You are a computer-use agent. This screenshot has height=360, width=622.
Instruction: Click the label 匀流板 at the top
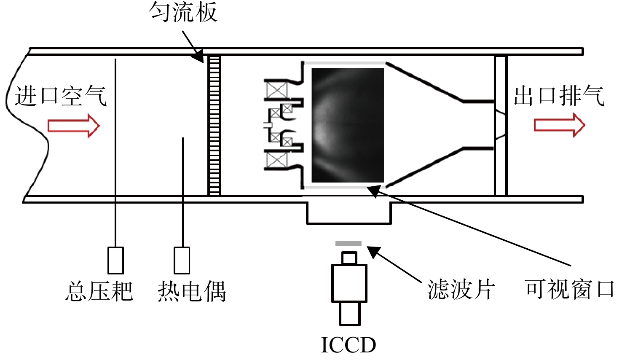pyautogui.click(x=183, y=12)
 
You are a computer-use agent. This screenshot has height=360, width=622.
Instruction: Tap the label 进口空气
pyautogui.click(x=61, y=96)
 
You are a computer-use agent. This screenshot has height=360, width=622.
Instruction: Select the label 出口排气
pyautogui.click(x=559, y=96)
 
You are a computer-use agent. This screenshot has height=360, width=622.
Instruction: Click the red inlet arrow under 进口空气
pyautogui.click(x=74, y=126)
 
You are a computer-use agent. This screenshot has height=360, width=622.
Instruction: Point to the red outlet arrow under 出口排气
pyautogui.click(x=560, y=125)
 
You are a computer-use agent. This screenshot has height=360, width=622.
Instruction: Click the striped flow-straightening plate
pyautogui.click(x=214, y=126)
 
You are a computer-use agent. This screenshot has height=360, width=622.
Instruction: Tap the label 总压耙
pyautogui.click(x=99, y=291)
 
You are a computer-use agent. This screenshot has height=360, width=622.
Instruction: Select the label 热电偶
pyautogui.click(x=192, y=291)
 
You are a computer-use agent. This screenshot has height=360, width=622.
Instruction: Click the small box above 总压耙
pyautogui.click(x=115, y=260)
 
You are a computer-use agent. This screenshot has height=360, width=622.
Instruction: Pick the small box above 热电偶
pyautogui.click(x=182, y=260)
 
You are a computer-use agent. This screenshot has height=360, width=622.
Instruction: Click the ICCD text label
pyautogui.click(x=349, y=345)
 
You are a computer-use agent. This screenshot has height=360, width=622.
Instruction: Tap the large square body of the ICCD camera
pyautogui.click(x=349, y=283)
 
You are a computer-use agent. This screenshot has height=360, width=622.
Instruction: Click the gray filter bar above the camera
pyautogui.click(x=349, y=243)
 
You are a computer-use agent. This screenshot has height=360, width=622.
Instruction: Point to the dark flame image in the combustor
pyautogui.click(x=348, y=125)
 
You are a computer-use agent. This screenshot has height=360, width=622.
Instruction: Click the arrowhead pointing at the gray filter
pyautogui.click(x=373, y=251)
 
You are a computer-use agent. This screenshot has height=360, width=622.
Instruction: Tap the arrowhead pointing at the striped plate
pyautogui.click(x=198, y=57)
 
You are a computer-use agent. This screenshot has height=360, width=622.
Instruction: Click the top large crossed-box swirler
pyautogui.click(x=277, y=90)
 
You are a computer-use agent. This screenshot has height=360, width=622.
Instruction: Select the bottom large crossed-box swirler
pyautogui.click(x=277, y=160)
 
